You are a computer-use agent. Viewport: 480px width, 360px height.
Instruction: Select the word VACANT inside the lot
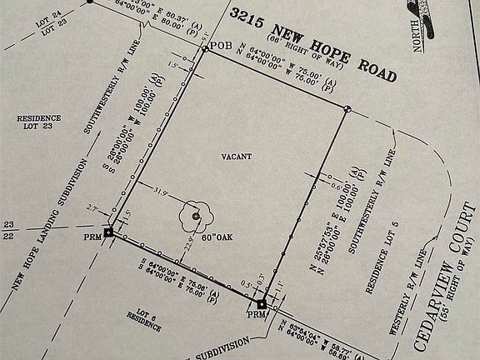tap(237, 156)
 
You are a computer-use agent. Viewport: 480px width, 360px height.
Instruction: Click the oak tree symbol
tap(196, 217)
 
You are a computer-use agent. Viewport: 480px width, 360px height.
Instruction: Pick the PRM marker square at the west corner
tap(109, 232)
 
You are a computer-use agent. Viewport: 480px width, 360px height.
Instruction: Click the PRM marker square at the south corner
tap(262, 304)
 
